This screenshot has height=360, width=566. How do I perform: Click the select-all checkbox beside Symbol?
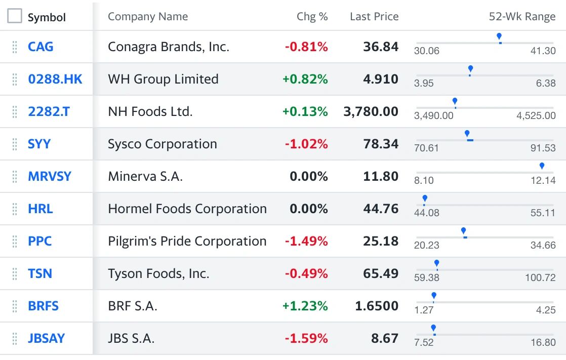(x=15, y=16)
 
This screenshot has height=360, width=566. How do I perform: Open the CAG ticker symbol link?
(x=41, y=47)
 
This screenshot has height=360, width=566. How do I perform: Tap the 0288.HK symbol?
(x=55, y=79)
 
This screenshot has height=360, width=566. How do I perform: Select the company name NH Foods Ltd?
(x=150, y=111)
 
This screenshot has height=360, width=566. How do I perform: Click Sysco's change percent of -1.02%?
(x=306, y=144)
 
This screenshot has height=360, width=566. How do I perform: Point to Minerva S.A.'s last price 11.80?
(x=381, y=176)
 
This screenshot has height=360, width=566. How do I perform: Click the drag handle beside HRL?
(x=15, y=209)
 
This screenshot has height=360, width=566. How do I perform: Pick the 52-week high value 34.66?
(x=543, y=245)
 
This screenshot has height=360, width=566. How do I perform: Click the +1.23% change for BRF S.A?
(x=305, y=306)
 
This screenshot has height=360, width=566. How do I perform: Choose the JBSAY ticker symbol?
(x=46, y=338)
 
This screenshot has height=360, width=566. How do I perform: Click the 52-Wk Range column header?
(x=522, y=17)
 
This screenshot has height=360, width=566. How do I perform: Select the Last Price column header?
(x=374, y=17)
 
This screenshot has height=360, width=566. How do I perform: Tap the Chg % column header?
(x=312, y=17)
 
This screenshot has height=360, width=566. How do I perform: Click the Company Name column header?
(x=148, y=17)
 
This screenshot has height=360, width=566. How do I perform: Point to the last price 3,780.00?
(x=371, y=111)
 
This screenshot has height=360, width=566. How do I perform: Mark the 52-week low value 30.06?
(x=427, y=51)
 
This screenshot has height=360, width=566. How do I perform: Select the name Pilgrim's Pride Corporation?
(x=187, y=241)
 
